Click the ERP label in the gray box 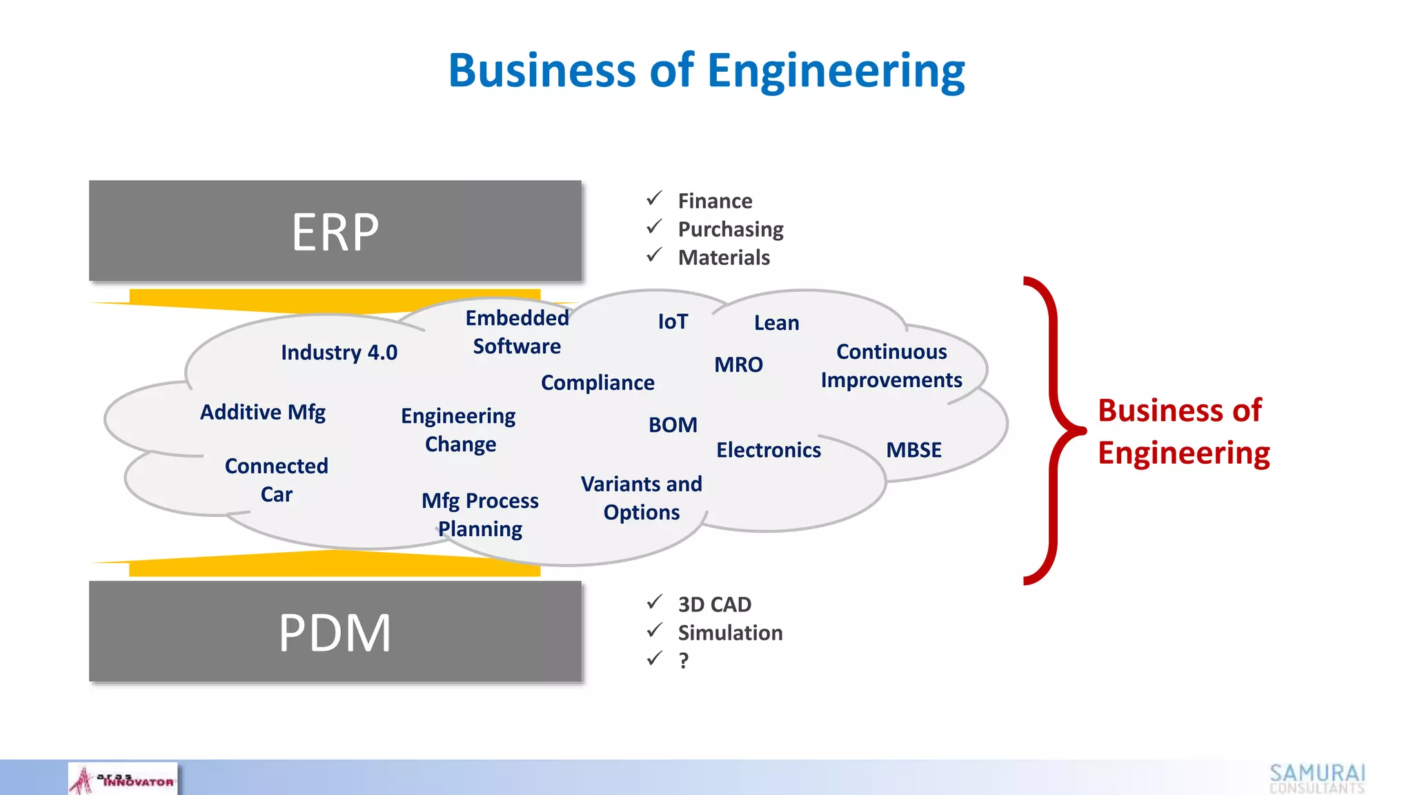[335, 233]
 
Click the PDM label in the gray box [335, 633]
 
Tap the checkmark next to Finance [654, 199]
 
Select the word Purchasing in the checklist [731, 229]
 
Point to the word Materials [724, 257]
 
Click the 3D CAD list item [714, 605]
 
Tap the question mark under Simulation [683, 661]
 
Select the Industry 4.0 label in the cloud [339, 353]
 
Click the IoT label [673, 322]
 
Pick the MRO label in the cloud [738, 364]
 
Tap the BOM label [673, 425]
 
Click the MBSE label [913, 450]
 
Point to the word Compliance [597, 383]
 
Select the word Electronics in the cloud [769, 450]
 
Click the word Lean [776, 323]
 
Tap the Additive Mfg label [263, 412]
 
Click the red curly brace [1052, 431]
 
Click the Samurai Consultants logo [1317, 778]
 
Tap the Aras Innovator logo [123, 779]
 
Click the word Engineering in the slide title [836, 71]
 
